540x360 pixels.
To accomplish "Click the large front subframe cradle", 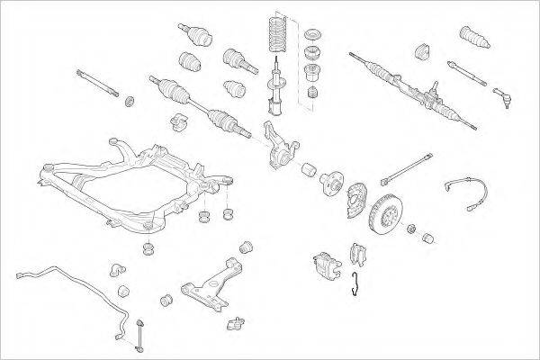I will click(x=126, y=180).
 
